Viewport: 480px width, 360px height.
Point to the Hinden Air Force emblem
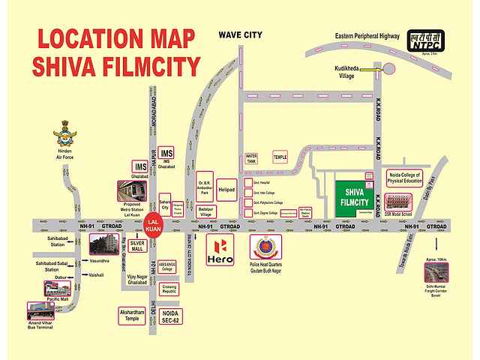[x=64, y=139]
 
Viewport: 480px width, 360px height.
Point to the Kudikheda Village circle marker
[x=389, y=70]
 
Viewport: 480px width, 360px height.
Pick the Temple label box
[x=280, y=157]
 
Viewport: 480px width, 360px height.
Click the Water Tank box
[x=252, y=159]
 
